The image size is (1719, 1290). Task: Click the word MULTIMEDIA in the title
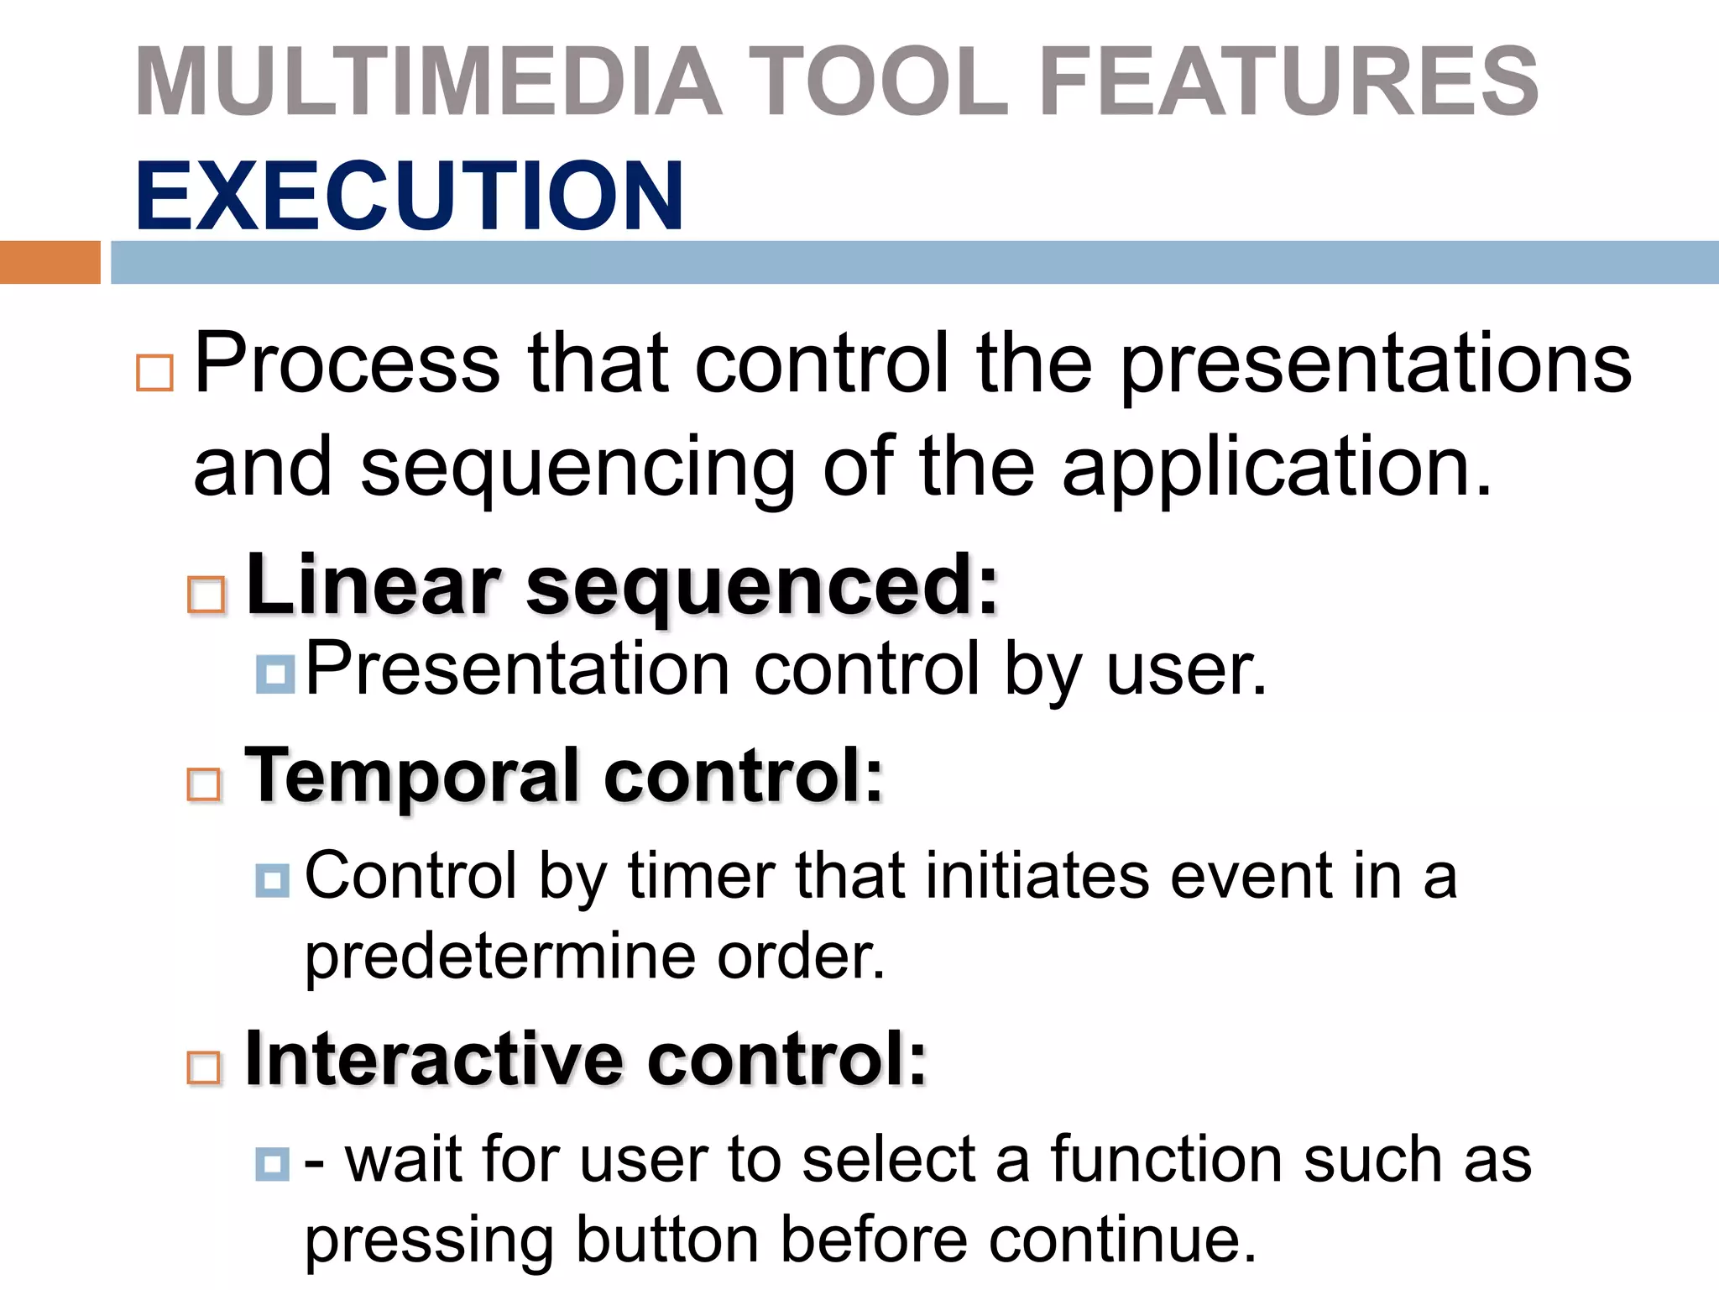click(x=428, y=81)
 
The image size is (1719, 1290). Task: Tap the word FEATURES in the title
click(x=1288, y=81)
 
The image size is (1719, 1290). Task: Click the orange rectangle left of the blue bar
click(x=50, y=262)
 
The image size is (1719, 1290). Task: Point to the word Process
click(x=347, y=363)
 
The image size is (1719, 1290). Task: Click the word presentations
click(x=1376, y=363)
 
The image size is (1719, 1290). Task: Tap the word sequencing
click(x=577, y=469)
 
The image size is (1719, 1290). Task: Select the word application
click(x=1276, y=469)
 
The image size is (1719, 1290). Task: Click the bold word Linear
click(x=374, y=585)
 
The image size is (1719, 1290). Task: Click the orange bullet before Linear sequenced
click(x=206, y=595)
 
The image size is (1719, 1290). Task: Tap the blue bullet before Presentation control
click(x=275, y=674)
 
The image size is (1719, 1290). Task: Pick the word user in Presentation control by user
click(x=1185, y=670)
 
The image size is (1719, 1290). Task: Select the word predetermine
click(x=499, y=957)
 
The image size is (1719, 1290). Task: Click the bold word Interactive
click(x=433, y=1059)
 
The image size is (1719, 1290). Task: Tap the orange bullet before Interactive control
click(x=204, y=1068)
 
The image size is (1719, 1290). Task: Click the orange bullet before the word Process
click(x=155, y=373)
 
